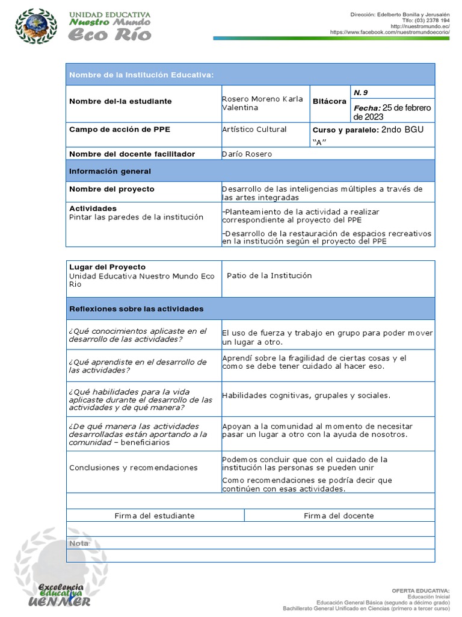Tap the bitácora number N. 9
360,92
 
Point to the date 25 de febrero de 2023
392,112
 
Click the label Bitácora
329,102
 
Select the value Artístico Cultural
254,130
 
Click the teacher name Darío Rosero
247,154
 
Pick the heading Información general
110,172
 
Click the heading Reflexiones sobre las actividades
137,309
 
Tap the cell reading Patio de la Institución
269,275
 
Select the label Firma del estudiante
155,516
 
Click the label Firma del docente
339,516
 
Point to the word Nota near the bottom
79,543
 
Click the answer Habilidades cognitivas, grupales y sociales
306,396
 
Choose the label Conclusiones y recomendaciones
134,468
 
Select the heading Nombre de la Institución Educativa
141,75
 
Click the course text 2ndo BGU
407,130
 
